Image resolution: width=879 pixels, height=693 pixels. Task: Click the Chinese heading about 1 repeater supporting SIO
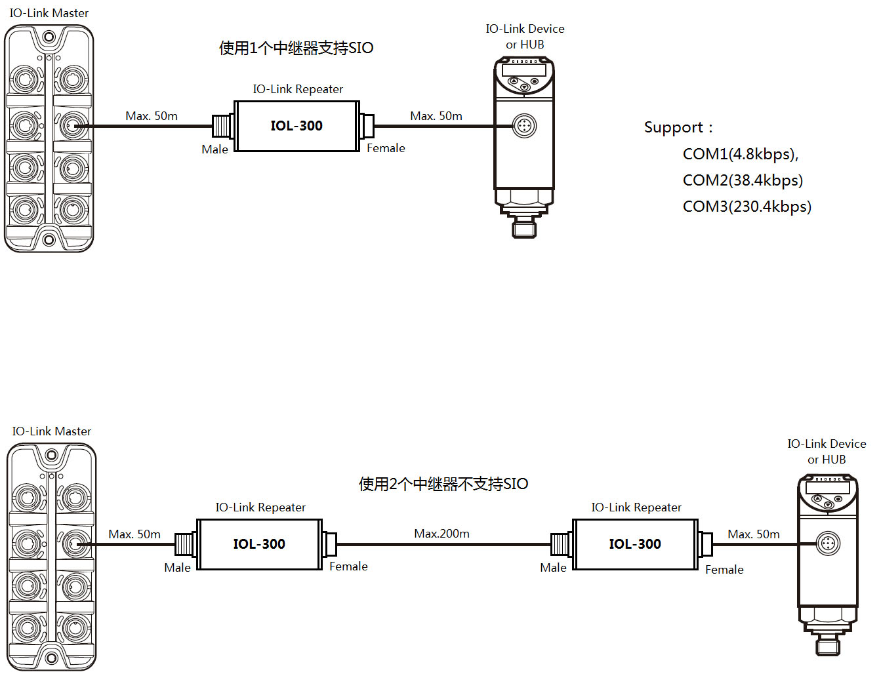pos(296,48)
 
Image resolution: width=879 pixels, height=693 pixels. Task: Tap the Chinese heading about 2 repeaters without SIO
pos(443,484)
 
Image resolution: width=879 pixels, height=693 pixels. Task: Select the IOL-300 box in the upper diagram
pos(296,126)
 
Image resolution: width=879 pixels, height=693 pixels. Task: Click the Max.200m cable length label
pos(441,534)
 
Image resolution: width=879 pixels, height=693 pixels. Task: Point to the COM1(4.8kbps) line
pos(740,154)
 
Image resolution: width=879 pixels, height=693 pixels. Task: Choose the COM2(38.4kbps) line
pos(743,180)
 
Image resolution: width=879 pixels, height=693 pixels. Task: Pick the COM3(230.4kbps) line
pos(746,207)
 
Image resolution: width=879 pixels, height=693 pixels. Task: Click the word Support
pos(673,127)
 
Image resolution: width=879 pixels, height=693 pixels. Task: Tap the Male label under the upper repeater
pos(215,149)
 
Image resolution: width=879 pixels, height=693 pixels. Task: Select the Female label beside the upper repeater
pos(386,148)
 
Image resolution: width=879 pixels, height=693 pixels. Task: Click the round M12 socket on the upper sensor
pos(524,125)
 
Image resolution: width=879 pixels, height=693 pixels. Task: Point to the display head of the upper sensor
pos(524,76)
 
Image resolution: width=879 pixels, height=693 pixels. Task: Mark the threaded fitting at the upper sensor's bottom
pos(524,228)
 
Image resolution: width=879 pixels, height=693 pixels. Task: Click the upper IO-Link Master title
pos(49,13)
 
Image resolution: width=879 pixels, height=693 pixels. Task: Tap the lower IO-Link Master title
pos(51,431)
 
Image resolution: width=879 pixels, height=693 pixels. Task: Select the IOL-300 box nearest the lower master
pos(259,544)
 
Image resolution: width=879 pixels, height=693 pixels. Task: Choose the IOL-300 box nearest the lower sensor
pos(635,544)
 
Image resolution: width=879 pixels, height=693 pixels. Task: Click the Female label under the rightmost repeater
pos(724,570)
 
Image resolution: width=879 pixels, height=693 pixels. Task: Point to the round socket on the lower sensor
pos(828,544)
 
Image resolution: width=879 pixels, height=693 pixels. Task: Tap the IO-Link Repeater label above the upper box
pos(298,89)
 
